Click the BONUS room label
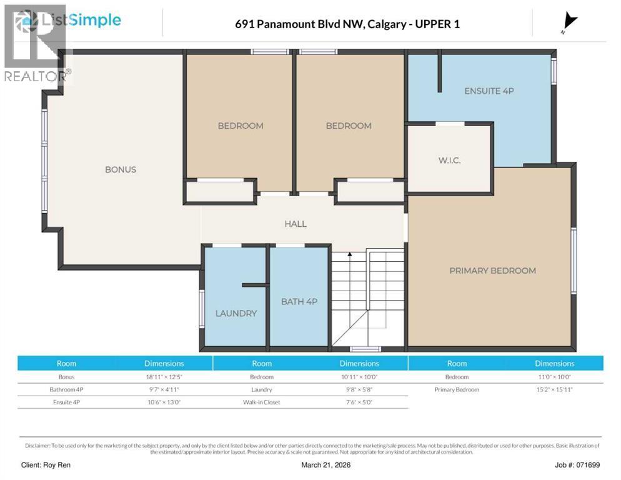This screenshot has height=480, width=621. coord(120,169)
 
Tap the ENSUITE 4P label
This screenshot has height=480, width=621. coord(489,91)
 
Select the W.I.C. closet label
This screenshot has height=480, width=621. coord(449,160)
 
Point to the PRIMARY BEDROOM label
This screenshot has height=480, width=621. coord(492,271)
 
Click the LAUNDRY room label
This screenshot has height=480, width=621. coord(236,313)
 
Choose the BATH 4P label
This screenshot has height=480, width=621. coord(299,302)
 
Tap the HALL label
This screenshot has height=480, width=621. coord(296,223)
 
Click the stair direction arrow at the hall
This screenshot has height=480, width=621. coord(349,255)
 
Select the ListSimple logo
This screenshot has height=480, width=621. coord(69,21)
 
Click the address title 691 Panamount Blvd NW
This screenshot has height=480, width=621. coord(347,24)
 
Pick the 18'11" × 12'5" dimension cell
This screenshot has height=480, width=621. coord(164,377)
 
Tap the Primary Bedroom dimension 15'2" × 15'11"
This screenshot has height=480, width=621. coord(554,389)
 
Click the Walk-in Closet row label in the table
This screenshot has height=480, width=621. coord(262,402)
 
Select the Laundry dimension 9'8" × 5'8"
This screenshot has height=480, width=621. coord(359,389)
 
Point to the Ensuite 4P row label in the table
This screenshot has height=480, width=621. coord(66,402)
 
